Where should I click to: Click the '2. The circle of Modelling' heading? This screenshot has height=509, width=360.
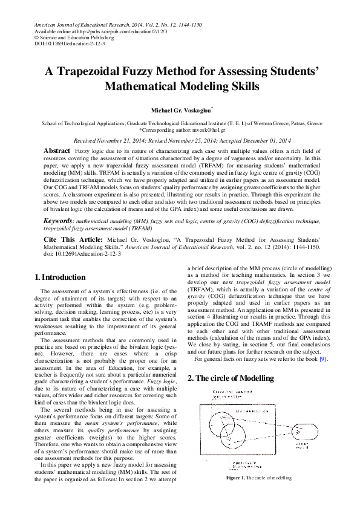231,378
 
